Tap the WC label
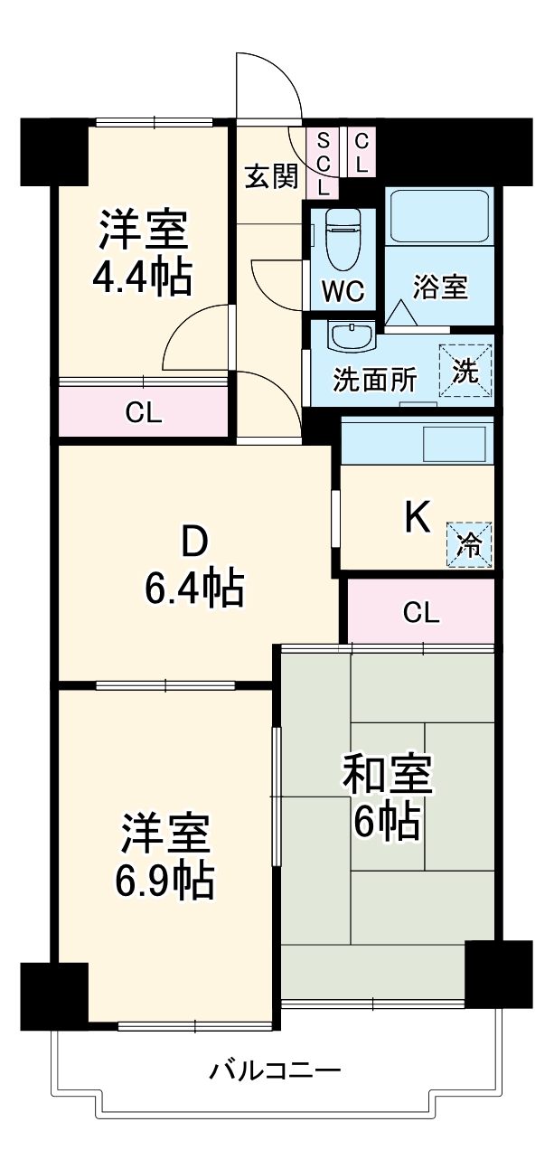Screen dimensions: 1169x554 pos(343,291)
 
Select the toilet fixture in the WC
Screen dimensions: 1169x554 pos(343,238)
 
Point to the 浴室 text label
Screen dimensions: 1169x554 pos(441,288)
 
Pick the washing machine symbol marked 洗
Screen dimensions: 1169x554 pos(465,372)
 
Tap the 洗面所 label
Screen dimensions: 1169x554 pos(375,380)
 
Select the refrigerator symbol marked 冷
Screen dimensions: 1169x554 pos(469,544)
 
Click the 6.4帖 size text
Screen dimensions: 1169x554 pos(193,589)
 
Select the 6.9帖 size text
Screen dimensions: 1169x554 pos(165,881)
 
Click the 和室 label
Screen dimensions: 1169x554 pos(386,776)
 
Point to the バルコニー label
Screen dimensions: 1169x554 pos(276,1072)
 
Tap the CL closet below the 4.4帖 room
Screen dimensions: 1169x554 pos(144,413)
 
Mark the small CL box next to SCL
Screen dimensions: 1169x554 pos(361,153)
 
